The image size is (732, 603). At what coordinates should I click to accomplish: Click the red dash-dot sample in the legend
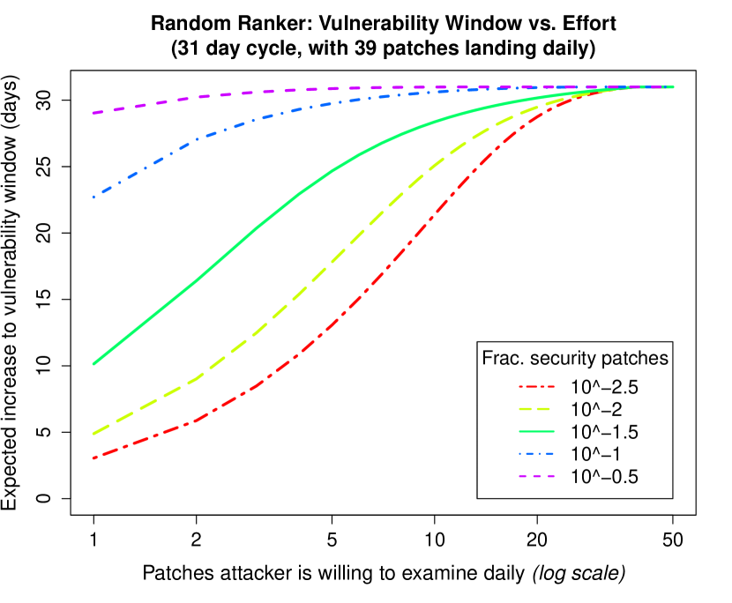pos(536,387)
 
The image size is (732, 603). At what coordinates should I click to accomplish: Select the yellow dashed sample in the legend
pos(536,409)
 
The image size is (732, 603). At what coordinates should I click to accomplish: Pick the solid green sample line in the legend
pos(536,431)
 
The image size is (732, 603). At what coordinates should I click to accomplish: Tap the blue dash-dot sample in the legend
pos(536,454)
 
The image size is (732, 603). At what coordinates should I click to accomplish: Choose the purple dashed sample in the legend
pos(536,476)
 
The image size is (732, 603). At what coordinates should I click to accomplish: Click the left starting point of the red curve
pos(93,458)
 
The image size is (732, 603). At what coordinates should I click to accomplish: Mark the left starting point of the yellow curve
pos(93,433)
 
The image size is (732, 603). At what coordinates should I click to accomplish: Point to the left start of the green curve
pos(93,363)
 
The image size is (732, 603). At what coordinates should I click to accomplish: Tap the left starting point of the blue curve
pos(93,197)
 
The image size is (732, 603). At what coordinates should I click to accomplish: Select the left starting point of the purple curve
pos(93,113)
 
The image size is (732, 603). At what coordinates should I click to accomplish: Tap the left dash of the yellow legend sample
pos(524,409)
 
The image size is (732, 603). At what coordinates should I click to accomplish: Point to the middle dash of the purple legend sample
pos(536,476)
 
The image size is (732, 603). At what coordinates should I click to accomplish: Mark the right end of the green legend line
pos(553,431)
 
